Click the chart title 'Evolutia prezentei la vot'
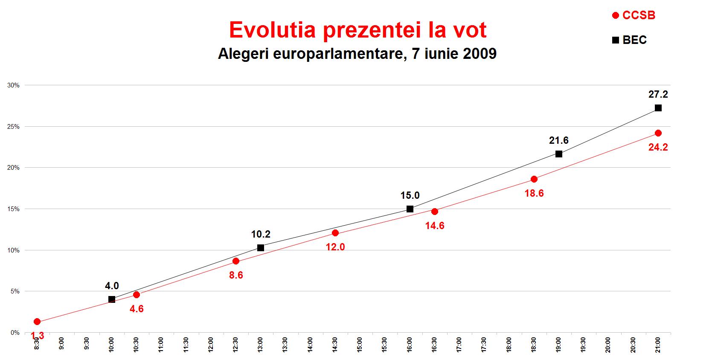point(357,30)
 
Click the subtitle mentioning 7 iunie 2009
point(357,54)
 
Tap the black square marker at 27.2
point(658,108)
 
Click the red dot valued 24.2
point(658,133)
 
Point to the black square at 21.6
point(559,154)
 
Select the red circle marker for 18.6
point(534,179)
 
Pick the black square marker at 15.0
point(410,209)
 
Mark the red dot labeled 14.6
point(435,212)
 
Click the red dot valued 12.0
point(335,233)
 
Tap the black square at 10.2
point(261,248)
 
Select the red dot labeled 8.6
point(236,261)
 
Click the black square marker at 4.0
point(112,299)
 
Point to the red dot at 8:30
point(37,322)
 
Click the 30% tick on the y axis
point(14,85)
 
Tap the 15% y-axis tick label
point(14,209)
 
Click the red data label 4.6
point(137,308)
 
